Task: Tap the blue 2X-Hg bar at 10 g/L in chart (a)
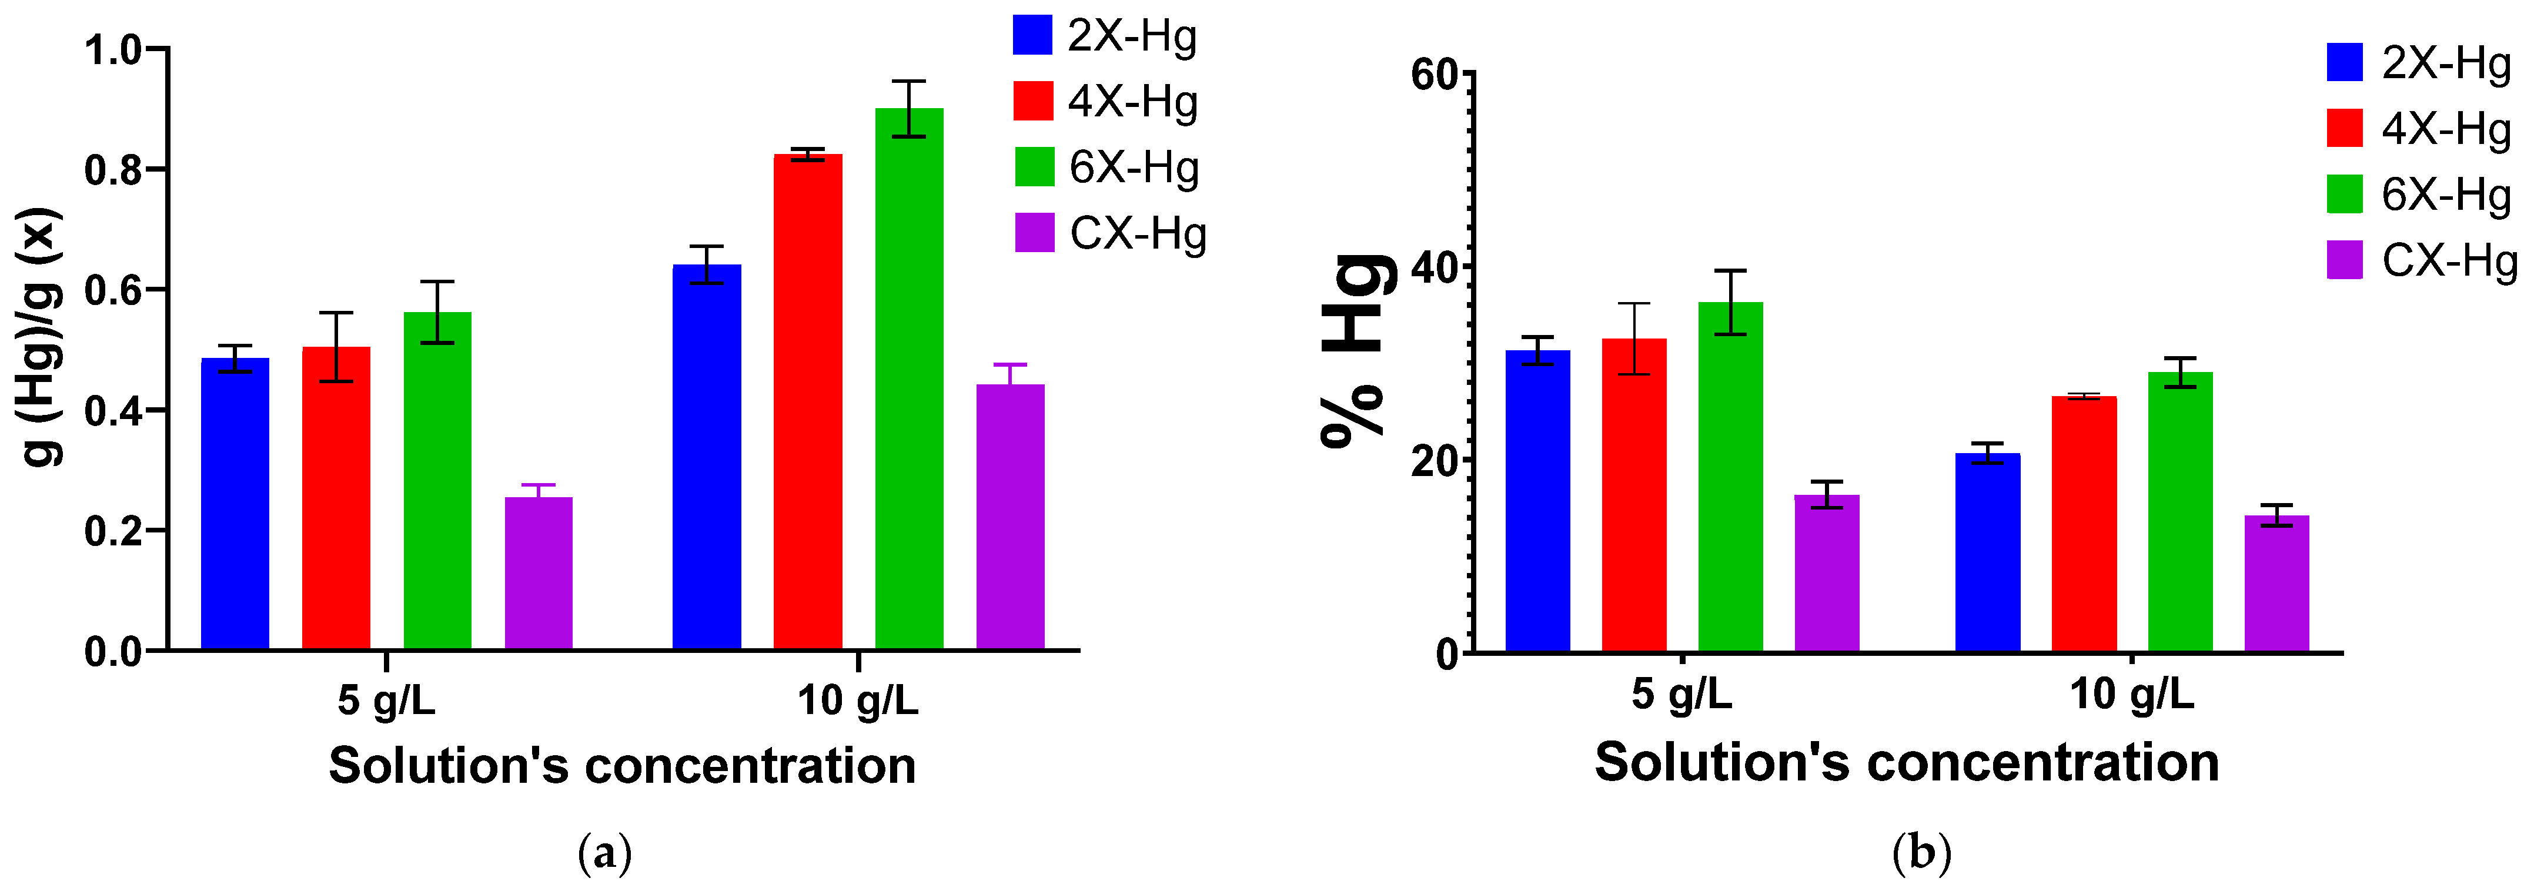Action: coord(706,457)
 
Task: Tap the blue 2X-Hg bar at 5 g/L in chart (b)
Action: coord(1537,501)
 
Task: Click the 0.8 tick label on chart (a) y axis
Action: coord(113,170)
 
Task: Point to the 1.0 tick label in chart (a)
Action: coord(113,50)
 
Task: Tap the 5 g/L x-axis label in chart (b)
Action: coord(1681,694)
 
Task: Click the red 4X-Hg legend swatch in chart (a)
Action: coord(1033,101)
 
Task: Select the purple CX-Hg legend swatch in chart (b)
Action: coord(2344,260)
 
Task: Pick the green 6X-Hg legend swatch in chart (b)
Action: coord(2344,194)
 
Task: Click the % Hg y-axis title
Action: coord(1358,349)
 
